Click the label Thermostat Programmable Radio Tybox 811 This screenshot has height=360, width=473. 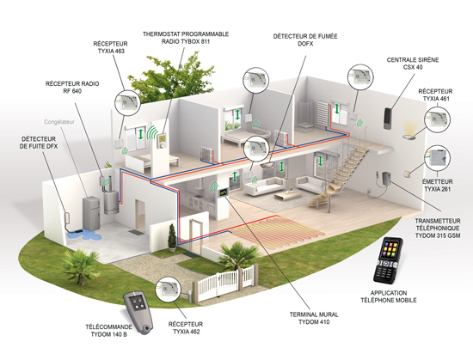coord(186,38)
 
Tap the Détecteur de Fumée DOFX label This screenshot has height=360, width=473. coord(305,40)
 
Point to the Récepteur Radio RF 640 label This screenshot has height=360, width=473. coord(72,87)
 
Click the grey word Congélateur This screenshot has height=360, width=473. coord(59,122)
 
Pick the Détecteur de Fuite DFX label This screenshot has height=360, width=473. coord(39,143)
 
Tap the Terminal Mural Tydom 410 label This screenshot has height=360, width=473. coord(314,318)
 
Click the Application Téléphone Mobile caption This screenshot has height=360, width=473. coord(389,296)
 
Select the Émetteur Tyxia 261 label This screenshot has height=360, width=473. coord(438,186)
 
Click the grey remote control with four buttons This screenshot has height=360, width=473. coord(138,313)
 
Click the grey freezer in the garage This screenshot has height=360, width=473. coord(91,212)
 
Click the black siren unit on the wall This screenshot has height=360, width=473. coord(388,119)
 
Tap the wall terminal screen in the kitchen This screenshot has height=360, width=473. coord(224,193)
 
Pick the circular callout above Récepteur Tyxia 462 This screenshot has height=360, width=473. coord(168,290)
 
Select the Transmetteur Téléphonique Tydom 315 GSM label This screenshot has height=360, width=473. coord(438,229)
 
